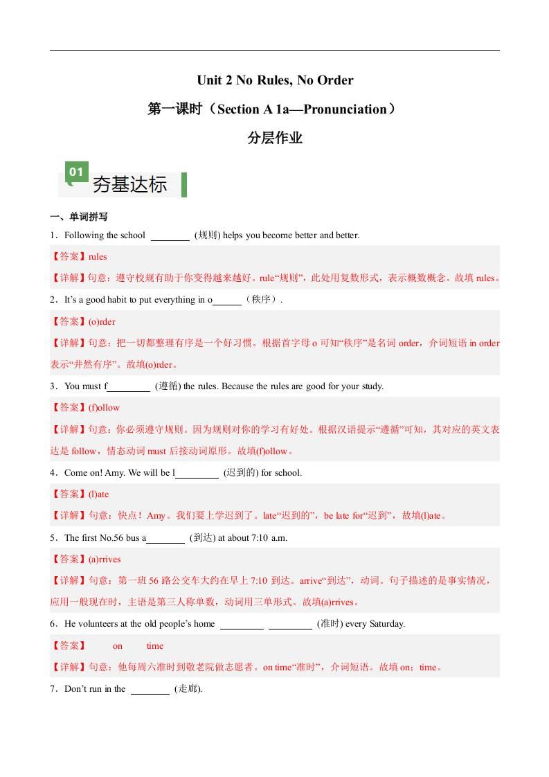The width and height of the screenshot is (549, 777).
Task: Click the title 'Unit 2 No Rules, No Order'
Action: (275, 80)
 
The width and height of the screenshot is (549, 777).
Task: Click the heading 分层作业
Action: (275, 138)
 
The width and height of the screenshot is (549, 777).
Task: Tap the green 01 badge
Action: (76, 172)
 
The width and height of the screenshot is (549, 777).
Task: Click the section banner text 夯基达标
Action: (130, 185)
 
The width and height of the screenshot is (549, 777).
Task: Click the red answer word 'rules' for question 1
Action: (98, 257)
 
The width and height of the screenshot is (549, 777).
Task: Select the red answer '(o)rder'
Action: (102, 321)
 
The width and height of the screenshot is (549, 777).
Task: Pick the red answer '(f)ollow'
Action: (104, 408)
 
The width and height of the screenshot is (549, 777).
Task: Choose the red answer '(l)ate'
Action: (98, 494)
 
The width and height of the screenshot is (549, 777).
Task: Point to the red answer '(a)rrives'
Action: (105, 559)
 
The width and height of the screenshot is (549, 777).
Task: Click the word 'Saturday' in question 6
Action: (386, 624)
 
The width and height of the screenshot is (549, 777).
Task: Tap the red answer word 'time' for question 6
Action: (155, 646)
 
